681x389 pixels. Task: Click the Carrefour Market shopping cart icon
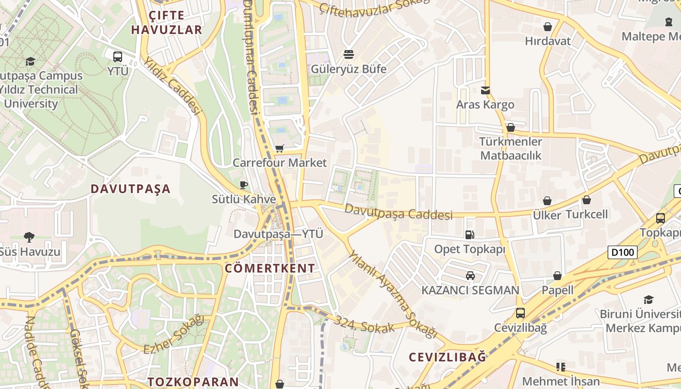point(279,148)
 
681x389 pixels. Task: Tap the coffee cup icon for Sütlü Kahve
point(244,185)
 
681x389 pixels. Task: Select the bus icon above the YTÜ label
point(118,56)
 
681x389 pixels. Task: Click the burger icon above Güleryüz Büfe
point(349,54)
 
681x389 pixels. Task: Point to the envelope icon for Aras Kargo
point(485,90)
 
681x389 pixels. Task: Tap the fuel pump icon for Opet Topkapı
point(469,235)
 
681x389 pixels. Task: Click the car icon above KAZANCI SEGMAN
point(470,276)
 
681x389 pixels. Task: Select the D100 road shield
point(622,252)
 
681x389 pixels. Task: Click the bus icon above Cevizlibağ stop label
point(520,313)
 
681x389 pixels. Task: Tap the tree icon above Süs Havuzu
point(29,237)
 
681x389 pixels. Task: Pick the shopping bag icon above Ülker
point(547,201)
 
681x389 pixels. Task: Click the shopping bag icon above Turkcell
point(587,200)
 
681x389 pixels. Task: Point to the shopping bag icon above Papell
point(557,276)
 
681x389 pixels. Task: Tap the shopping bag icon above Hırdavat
point(548,27)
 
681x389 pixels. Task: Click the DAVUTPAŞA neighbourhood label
point(131,189)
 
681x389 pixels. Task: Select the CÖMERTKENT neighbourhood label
point(270,268)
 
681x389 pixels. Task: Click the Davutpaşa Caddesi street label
point(399,212)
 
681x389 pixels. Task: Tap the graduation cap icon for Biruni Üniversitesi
point(648,300)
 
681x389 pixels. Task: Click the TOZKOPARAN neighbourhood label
point(193,382)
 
